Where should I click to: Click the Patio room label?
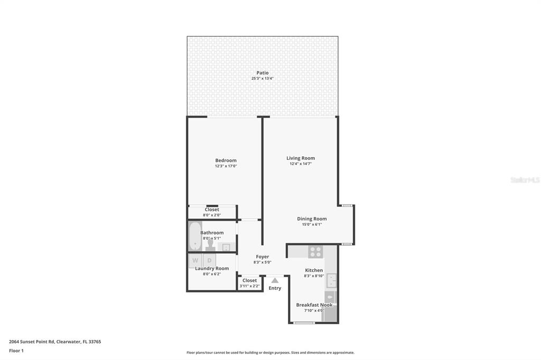tap(263, 73)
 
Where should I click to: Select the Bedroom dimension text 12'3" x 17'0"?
tap(226, 166)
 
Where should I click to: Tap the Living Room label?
tap(301, 158)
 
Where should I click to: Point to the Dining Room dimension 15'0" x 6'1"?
tap(312, 224)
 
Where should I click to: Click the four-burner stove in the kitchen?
tap(315, 252)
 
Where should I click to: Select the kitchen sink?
tap(331, 280)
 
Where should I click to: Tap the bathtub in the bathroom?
tap(195, 236)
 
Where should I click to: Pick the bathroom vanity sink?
tap(226, 247)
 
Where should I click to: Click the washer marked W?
tap(195, 260)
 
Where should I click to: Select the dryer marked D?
tap(209, 260)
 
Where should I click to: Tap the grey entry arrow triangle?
tap(275, 280)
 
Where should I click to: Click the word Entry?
tap(275, 288)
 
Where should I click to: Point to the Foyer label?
tap(263, 257)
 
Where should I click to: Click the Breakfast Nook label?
tap(314, 305)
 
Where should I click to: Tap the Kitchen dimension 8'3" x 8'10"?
tap(314, 276)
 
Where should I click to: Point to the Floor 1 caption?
tap(16, 350)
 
